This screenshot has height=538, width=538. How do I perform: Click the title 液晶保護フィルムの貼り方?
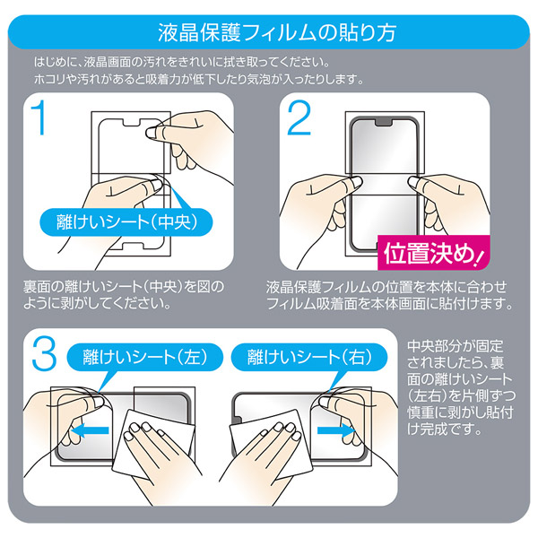tap(276, 32)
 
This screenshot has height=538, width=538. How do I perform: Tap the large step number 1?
tap(39, 117)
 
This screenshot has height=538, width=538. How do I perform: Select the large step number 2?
tap(299, 117)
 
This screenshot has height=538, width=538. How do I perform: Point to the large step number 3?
tap(44, 353)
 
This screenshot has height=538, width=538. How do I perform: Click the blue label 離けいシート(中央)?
tap(126, 221)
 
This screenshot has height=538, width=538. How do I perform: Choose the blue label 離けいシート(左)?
tap(144, 357)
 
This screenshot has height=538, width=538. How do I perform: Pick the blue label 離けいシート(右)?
tap(309, 357)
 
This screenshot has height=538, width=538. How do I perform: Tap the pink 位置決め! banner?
tap(434, 253)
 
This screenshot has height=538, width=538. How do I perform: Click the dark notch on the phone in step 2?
tap(384, 122)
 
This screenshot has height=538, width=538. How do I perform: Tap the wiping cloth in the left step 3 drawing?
tap(152, 444)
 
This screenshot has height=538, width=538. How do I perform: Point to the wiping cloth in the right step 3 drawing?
tap(271, 444)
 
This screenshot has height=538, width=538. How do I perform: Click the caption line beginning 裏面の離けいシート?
tap(124, 287)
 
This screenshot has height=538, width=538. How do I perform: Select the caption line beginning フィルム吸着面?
tap(389, 303)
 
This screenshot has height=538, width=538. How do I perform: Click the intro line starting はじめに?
tap(182, 62)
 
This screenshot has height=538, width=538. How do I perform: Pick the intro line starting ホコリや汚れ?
tap(199, 79)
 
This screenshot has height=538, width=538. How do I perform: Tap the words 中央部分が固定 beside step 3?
tap(455, 346)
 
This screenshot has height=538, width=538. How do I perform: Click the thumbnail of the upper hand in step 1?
tap(150, 133)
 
